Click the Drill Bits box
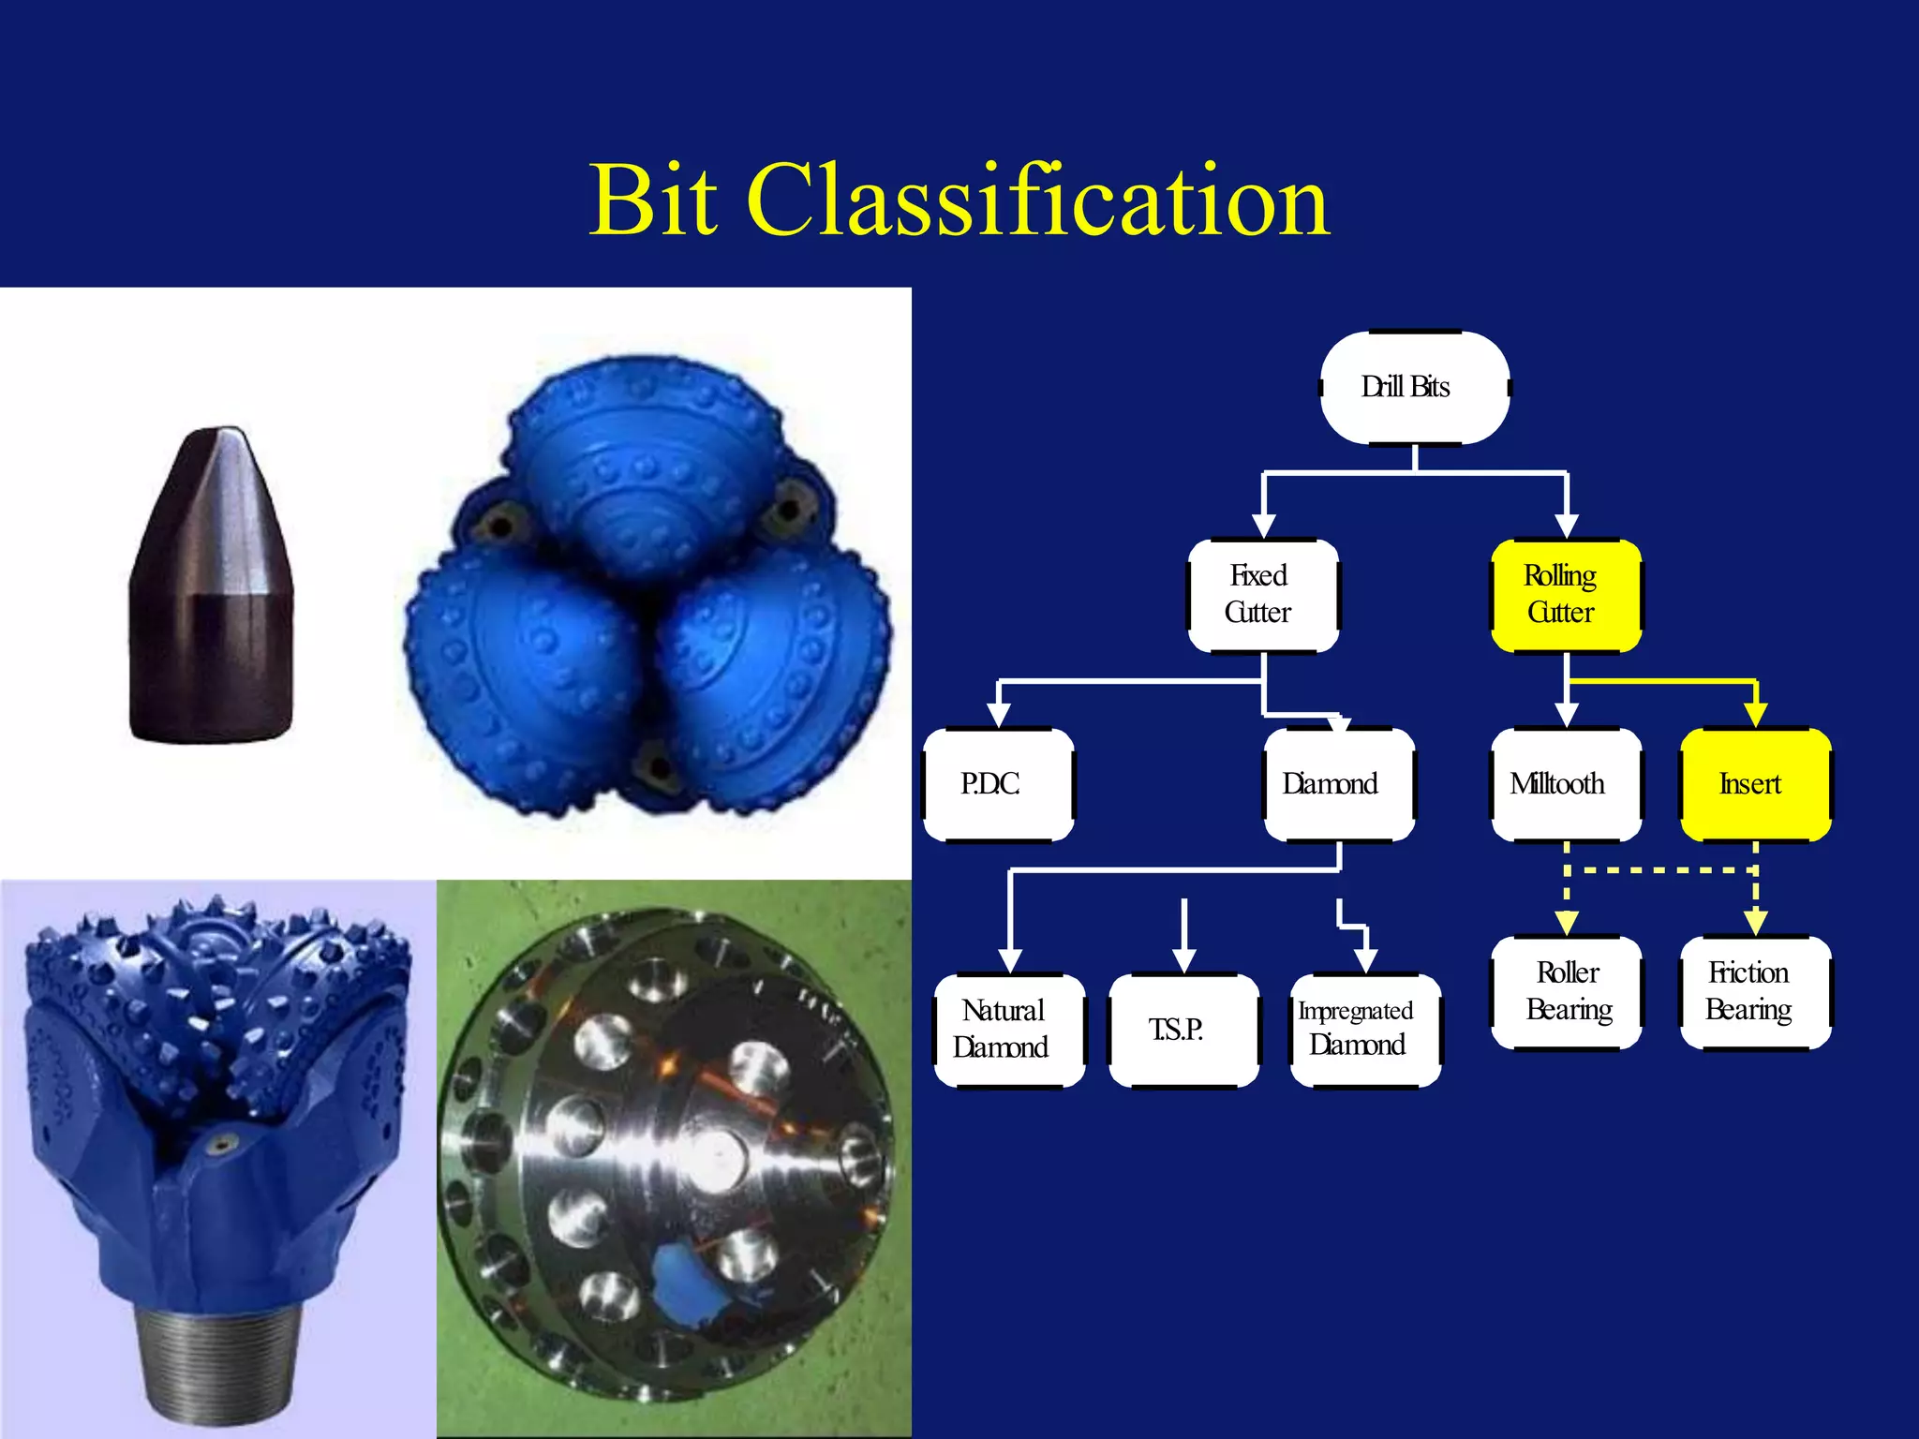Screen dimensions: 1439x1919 click(x=1414, y=387)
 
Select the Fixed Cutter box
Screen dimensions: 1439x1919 click(x=1262, y=595)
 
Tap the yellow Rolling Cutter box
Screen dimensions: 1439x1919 click(x=1566, y=595)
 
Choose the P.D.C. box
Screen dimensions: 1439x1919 click(x=998, y=784)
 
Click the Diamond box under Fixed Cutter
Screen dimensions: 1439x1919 click(x=1338, y=784)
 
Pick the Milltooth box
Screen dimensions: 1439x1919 click(x=1566, y=784)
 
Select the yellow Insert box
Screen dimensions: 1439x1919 click(x=1755, y=784)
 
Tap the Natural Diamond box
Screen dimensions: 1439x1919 click(x=1009, y=1030)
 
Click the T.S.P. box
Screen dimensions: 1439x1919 click(x=1183, y=1030)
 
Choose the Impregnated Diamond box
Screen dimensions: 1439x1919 click(x=1364, y=1030)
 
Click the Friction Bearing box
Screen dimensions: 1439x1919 click(x=1755, y=992)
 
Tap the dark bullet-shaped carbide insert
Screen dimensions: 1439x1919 click(x=211, y=590)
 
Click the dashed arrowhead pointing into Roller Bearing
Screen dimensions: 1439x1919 click(x=1566, y=924)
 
